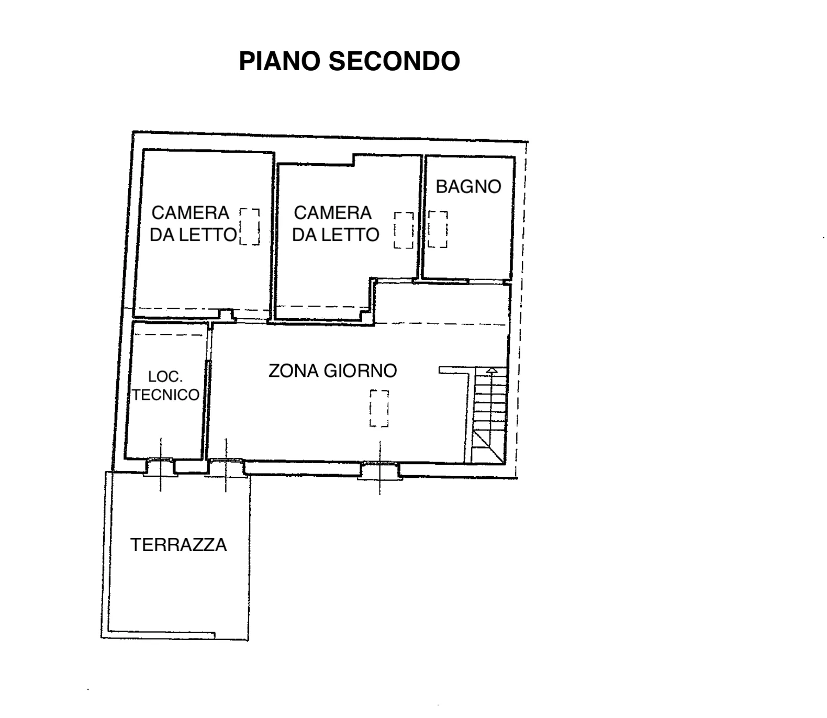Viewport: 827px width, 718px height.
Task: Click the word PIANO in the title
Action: click(x=280, y=61)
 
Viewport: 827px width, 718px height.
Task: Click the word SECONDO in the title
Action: click(x=394, y=61)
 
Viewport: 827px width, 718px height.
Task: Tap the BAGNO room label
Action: click(x=468, y=186)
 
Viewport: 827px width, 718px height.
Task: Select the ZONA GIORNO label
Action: click(x=332, y=371)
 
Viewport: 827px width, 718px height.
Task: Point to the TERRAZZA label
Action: click(x=178, y=545)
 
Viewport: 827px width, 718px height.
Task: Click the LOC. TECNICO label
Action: click(x=165, y=385)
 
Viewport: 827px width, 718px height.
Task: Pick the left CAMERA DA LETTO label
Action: click(x=193, y=223)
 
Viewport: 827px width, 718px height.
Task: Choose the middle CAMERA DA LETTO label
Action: click(x=336, y=223)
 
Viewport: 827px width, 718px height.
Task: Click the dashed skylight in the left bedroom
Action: click(x=250, y=227)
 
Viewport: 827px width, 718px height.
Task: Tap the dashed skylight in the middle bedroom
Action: click(x=404, y=230)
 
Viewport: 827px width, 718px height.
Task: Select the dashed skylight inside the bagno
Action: click(x=438, y=229)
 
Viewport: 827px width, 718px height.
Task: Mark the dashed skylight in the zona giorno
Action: click(x=379, y=408)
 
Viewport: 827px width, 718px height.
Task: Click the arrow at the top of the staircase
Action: click(x=491, y=372)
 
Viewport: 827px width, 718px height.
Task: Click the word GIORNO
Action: click(x=360, y=371)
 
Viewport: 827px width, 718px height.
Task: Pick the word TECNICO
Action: click(x=165, y=394)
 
